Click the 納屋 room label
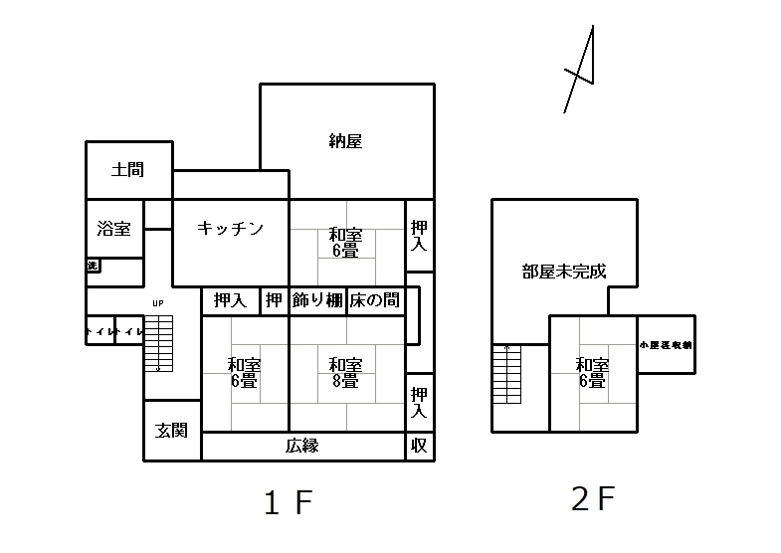[345, 141]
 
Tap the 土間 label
[127, 169]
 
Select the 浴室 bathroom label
[113, 229]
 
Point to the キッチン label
[230, 229]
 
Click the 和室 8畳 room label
[345, 372]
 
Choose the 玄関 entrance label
[172, 431]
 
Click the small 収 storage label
[419, 446]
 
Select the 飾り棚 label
[317, 300]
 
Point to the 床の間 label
[374, 300]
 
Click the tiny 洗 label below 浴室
[93, 266]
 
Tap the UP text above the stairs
[157, 302]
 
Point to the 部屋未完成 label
[564, 271]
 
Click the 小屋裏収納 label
[666, 344]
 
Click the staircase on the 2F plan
[506, 375]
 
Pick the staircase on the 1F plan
[159, 343]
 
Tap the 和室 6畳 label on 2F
[592, 373]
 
